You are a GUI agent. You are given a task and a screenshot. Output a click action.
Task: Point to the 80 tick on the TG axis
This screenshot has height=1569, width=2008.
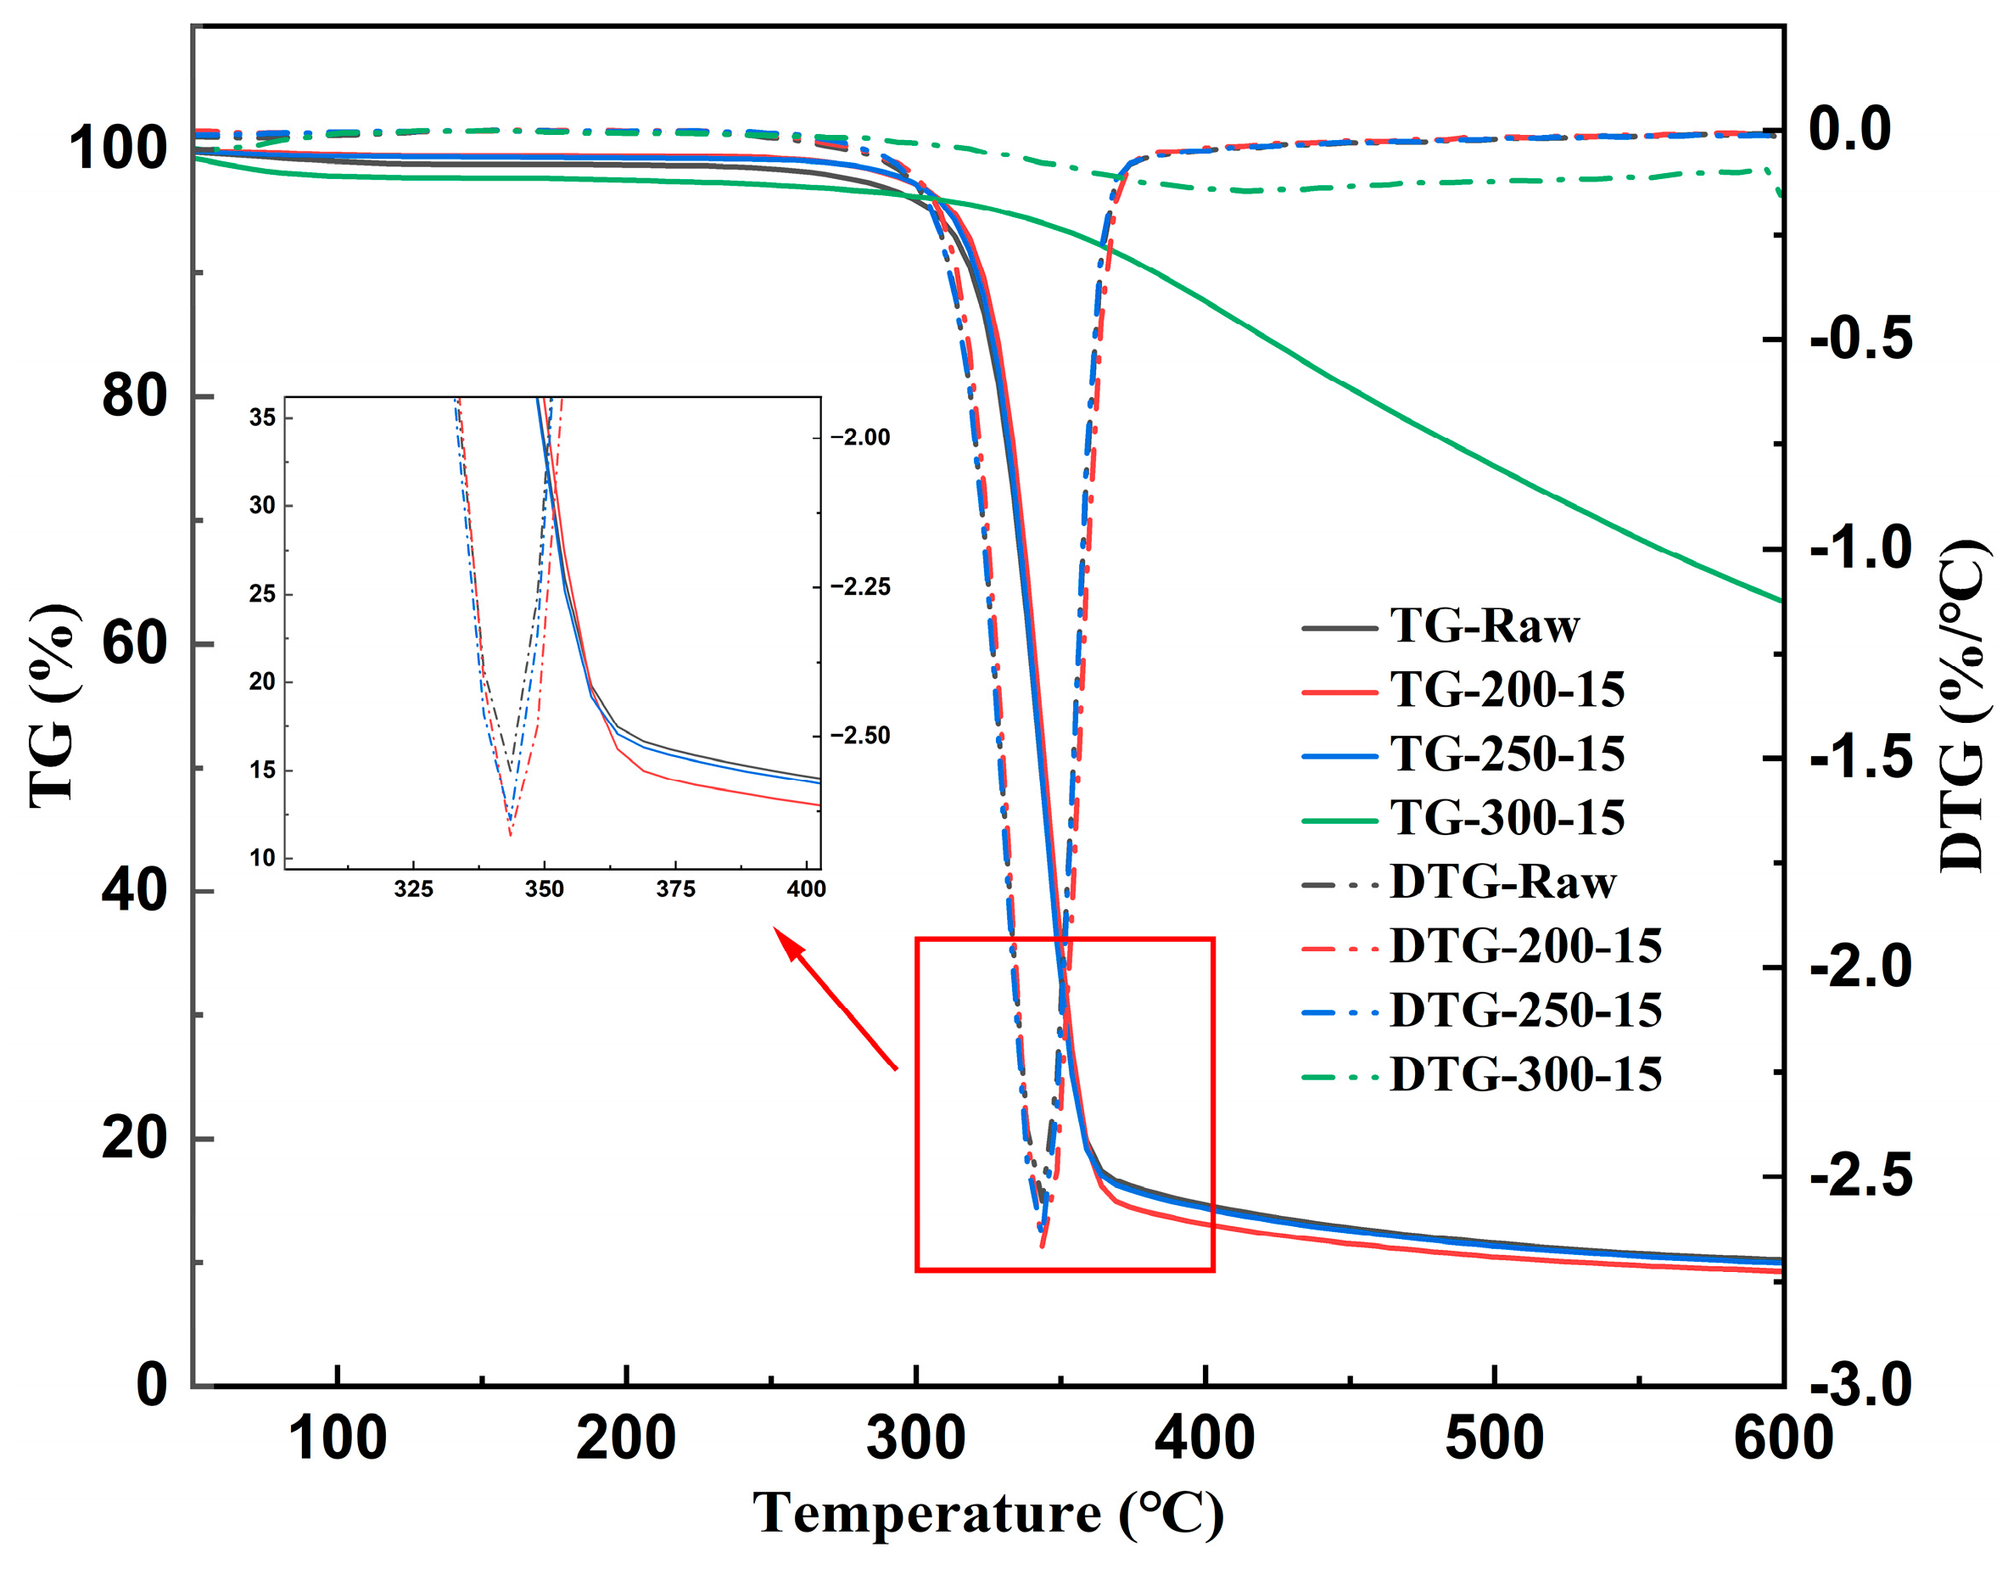pyautogui.click(x=134, y=396)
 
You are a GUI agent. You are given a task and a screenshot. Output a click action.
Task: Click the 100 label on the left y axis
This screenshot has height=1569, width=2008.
pyautogui.click(x=118, y=148)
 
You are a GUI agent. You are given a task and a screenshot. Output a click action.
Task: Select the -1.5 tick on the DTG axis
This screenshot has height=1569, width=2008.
pyautogui.click(x=1860, y=758)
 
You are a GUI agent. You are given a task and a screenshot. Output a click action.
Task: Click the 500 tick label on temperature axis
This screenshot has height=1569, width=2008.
pyautogui.click(x=1494, y=1439)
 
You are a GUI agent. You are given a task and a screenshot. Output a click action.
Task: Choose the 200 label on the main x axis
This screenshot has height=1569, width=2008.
pyautogui.click(x=626, y=1439)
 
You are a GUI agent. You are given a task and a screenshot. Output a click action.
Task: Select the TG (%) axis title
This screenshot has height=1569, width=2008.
pyautogui.click(x=53, y=706)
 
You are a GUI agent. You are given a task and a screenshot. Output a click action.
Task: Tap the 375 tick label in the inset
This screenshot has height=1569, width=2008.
pyautogui.click(x=676, y=889)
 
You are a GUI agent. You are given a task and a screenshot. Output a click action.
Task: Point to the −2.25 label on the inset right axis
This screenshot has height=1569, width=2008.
pyautogui.click(x=860, y=586)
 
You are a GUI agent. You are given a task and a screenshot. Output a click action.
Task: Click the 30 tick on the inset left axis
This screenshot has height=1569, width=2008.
pyautogui.click(x=262, y=505)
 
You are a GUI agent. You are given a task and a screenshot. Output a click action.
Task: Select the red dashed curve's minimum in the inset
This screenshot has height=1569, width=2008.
pyautogui.click(x=511, y=833)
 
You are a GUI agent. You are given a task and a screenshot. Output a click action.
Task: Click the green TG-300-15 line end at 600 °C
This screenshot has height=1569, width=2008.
pyautogui.click(x=1780, y=601)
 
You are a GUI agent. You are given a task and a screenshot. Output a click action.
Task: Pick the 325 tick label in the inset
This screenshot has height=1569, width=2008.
pyautogui.click(x=414, y=889)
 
